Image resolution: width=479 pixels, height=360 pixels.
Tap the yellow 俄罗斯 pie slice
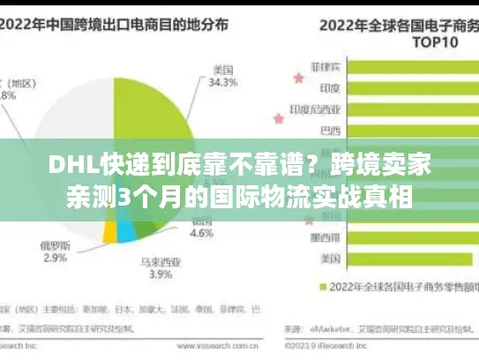(111, 231)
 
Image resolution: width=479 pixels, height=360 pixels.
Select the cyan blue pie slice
(129, 231)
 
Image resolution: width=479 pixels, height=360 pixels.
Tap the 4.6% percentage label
(203, 234)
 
